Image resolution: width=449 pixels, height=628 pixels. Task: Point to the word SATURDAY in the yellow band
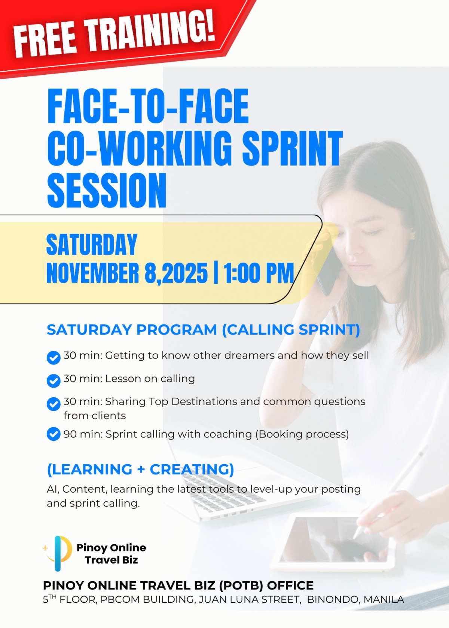click(x=92, y=244)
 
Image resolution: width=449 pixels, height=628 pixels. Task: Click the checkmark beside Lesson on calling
click(x=54, y=381)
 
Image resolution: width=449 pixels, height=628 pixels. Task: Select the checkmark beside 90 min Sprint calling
click(x=54, y=434)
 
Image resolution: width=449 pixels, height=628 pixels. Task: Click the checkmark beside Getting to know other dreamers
click(x=54, y=358)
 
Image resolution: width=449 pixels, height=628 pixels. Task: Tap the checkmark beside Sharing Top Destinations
click(x=54, y=404)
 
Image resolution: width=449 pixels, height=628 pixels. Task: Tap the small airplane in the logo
click(x=45, y=548)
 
